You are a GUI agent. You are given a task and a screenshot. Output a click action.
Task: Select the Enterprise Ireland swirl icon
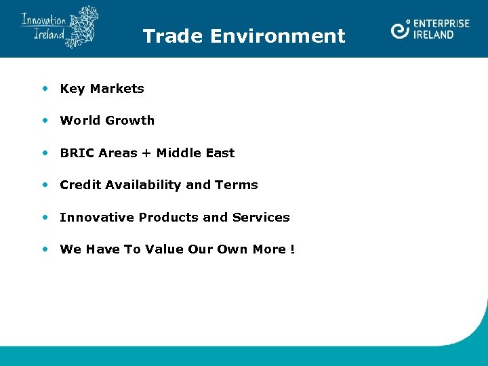coord(401,29)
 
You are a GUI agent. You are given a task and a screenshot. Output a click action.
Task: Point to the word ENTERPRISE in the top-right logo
coord(441,24)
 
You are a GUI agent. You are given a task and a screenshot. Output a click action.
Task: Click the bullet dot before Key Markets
coord(45,88)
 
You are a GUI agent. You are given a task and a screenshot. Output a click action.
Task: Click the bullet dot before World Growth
coord(45,120)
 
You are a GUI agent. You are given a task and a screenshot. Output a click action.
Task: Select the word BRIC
coord(77,153)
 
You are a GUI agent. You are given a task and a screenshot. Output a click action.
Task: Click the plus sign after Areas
coord(146,153)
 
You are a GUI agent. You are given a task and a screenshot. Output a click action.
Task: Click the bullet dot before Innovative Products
coord(45,217)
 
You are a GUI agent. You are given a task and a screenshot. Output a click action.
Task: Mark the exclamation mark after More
coord(292,249)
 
